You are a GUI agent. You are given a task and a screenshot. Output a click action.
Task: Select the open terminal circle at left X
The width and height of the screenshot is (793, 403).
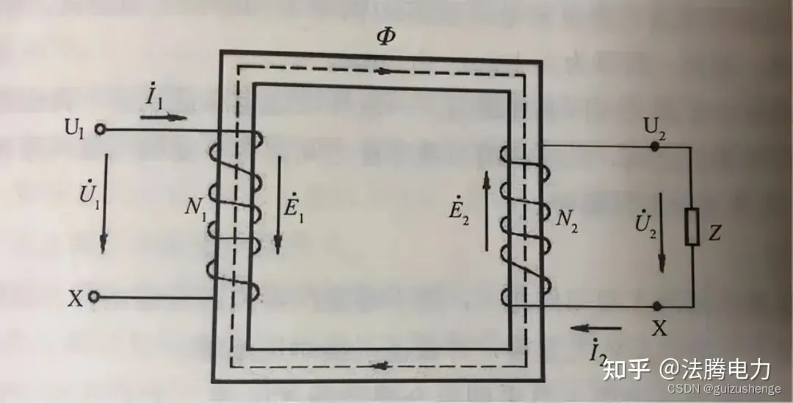coord(94,297)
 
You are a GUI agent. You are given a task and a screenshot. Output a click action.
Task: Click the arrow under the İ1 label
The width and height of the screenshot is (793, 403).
coord(167,117)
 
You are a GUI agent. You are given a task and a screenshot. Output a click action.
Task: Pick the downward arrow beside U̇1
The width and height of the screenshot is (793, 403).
coord(104,201)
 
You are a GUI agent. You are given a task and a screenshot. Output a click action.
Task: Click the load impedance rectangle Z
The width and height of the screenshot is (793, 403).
coord(691,227)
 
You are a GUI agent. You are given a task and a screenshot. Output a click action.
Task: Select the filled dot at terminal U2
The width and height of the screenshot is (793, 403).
coord(656,146)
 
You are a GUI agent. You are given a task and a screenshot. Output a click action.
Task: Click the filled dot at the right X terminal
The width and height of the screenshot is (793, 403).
coord(656,306)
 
